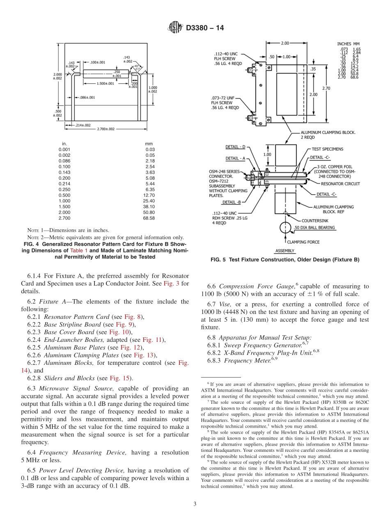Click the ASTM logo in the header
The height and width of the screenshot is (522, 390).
point(175,28)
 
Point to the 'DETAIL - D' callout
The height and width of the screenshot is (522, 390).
point(235,147)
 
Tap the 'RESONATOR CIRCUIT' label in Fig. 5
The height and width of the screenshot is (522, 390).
point(337,184)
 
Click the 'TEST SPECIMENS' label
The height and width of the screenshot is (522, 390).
point(327,149)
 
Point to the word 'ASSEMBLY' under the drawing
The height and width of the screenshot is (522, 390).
point(284,251)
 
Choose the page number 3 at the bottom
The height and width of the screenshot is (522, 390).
point(195,504)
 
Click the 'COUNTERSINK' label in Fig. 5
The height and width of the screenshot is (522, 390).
point(315,220)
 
